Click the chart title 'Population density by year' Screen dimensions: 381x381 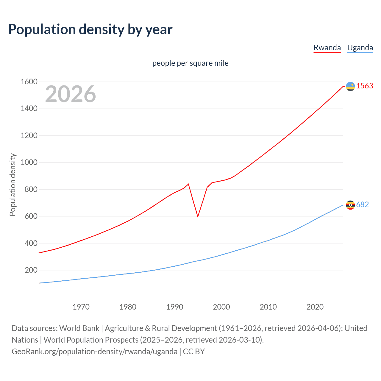(90, 29)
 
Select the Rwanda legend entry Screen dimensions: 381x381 (327, 48)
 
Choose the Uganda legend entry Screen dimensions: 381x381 (360, 48)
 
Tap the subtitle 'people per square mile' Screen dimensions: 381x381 (190, 63)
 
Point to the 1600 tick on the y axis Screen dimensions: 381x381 (29, 82)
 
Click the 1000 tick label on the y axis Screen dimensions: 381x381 (29, 162)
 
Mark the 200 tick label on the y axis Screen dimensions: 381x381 (31, 270)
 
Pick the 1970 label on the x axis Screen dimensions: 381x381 (81, 307)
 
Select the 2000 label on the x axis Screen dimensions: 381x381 (221, 307)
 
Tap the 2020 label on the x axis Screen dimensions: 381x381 (315, 307)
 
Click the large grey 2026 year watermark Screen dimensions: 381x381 (71, 94)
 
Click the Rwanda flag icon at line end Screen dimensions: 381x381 (350, 86)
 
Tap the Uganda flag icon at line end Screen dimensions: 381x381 (350, 205)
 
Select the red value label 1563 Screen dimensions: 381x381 (365, 86)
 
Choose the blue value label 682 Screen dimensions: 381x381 (362, 204)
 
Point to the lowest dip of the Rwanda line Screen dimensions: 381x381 (198, 216)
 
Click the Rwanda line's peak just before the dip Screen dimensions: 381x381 (188, 184)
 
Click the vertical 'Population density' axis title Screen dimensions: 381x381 (13, 185)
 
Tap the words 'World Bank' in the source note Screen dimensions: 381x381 (79, 328)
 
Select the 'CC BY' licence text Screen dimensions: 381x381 (194, 351)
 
